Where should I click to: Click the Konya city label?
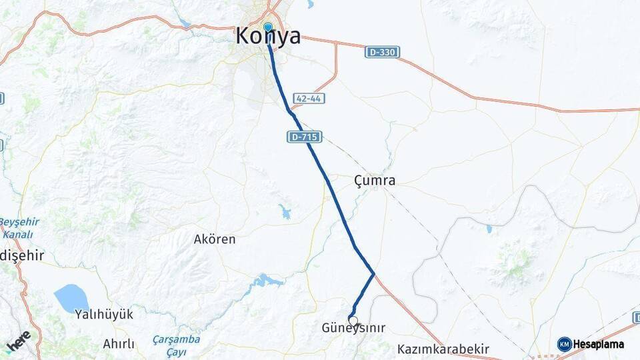tap(268, 37)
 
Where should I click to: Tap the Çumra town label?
tap(375, 180)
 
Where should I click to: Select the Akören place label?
tap(215, 239)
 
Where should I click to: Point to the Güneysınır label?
tap(353, 328)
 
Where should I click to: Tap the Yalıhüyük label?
tap(105, 313)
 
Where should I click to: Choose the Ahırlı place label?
tap(119, 344)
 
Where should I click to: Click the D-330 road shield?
tap(382, 52)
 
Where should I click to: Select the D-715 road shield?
tap(305, 137)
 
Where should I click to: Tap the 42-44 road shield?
tap(309, 98)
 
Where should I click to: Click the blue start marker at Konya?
tap(268, 27)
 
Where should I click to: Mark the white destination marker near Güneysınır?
tap(353, 320)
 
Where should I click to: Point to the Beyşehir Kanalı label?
tap(19, 228)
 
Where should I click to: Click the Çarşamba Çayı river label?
tap(176, 344)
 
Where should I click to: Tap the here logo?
tap(18, 340)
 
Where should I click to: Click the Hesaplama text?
tap(599, 344)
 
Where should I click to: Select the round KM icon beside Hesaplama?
tap(565, 344)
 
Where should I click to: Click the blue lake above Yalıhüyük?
tap(71, 297)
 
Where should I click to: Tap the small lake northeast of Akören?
tap(285, 212)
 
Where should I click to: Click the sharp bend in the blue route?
tap(373, 273)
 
